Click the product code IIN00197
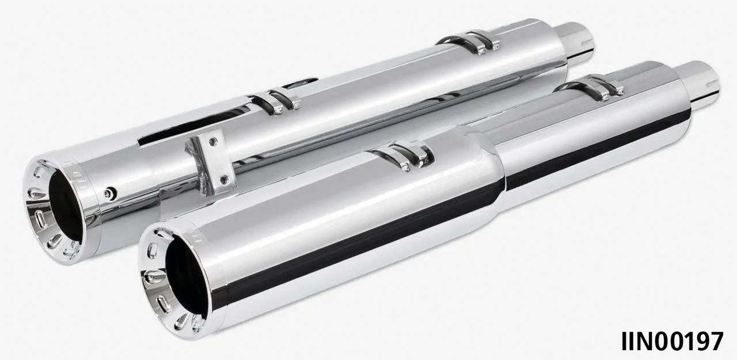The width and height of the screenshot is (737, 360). pyautogui.click(x=671, y=341)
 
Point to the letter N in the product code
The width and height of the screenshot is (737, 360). pyautogui.click(x=645, y=341)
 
